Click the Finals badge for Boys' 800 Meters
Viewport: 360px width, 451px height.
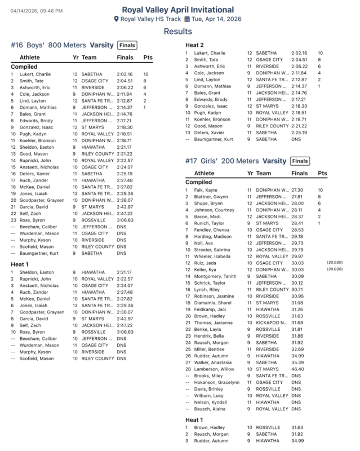127,45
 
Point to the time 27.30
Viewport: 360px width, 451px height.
298,191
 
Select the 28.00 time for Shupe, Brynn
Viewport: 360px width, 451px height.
298,204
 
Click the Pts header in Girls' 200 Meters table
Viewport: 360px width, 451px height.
322,174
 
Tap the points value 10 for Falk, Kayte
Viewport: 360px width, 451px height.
321,191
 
